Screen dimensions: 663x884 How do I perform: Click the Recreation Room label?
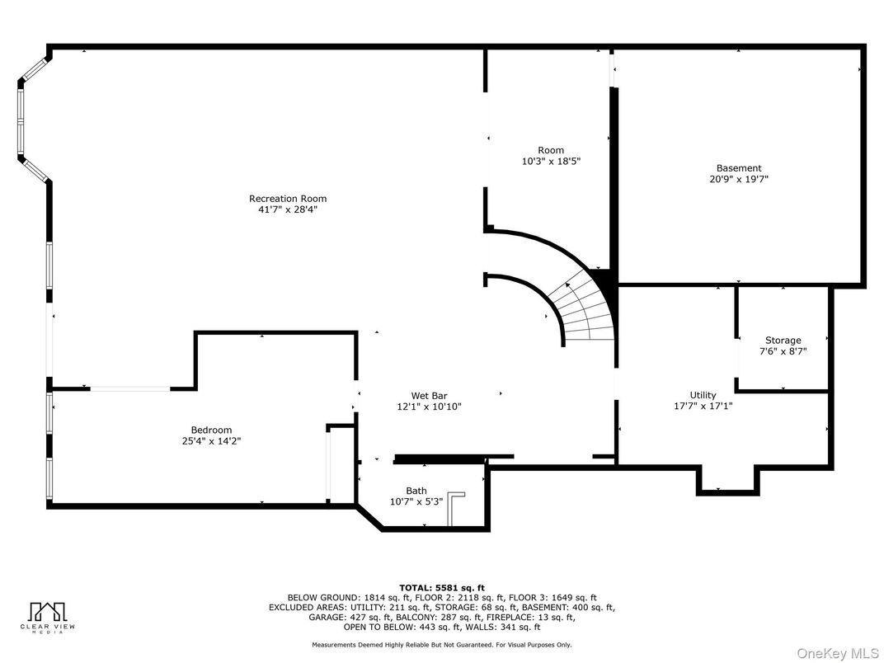coord(288,198)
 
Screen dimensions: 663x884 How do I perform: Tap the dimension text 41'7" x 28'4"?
coord(288,209)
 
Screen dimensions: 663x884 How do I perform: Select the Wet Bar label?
coord(429,395)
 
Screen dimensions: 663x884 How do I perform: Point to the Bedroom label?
coord(211,430)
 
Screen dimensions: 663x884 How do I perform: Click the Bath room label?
coord(416,491)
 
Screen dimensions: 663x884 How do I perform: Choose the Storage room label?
coord(783,340)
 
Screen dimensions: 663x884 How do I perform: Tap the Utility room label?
coord(703,394)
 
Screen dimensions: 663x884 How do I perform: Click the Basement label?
coord(738,167)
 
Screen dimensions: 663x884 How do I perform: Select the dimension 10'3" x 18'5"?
coord(551,162)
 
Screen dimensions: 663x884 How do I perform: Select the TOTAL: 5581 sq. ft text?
coord(441,587)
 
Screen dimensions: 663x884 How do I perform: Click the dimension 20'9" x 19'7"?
coord(738,179)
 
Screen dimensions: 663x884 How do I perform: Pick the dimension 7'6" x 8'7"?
coord(783,351)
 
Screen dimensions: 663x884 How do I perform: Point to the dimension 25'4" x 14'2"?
coord(211,441)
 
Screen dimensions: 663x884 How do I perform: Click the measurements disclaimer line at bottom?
coord(441,645)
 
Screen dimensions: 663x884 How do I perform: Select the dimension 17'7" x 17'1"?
coord(703,406)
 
